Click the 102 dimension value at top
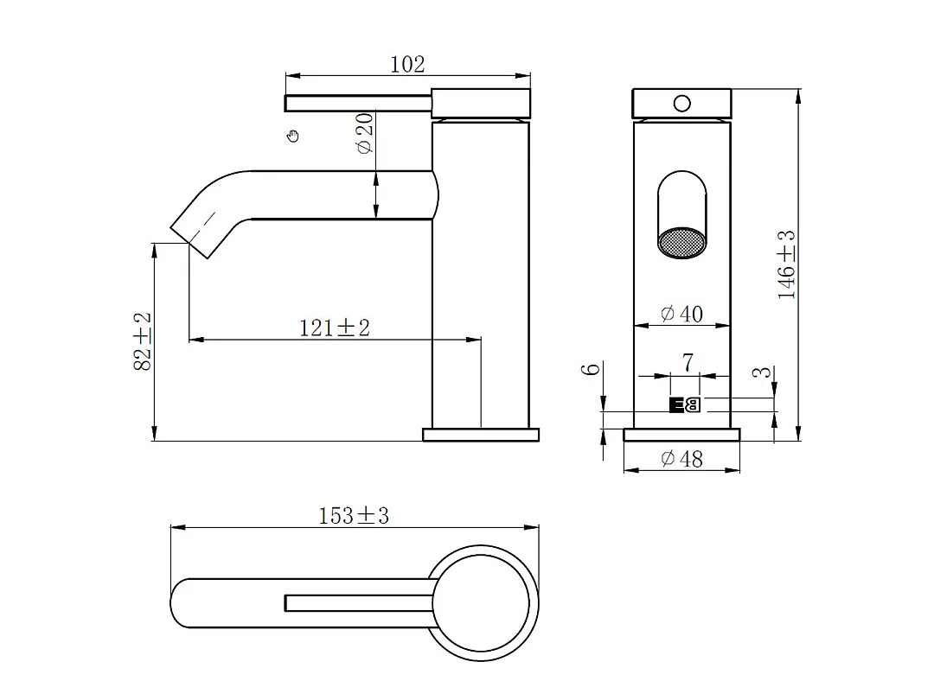tap(407, 64)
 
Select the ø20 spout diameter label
tap(364, 133)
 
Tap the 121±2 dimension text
tap(335, 328)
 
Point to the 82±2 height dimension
tap(143, 341)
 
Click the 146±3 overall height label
tap(786, 264)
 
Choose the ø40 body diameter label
tap(681, 314)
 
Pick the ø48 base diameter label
tap(681, 459)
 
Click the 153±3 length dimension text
tap(354, 516)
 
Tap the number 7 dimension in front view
tap(688, 363)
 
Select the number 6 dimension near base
tap(592, 369)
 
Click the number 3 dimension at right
tap(760, 373)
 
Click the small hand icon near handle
tap(293, 135)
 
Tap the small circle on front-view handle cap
tap(681, 104)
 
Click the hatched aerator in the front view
tap(681, 244)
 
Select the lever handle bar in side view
tap(358, 104)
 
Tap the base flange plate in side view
tap(480, 434)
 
